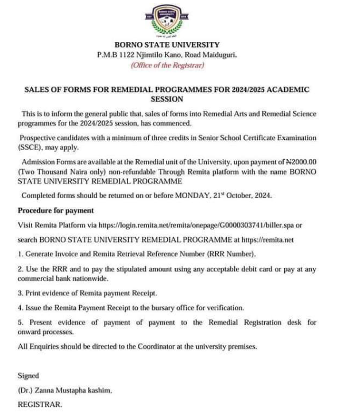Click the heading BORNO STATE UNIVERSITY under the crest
tap(167, 45)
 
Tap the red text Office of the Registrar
tap(167, 65)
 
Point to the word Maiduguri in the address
tap(219, 55)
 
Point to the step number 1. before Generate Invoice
tap(21, 253)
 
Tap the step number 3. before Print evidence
tap(21, 293)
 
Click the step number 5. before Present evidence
tap(21, 322)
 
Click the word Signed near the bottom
tap(29, 376)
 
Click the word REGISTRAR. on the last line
tap(39, 405)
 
